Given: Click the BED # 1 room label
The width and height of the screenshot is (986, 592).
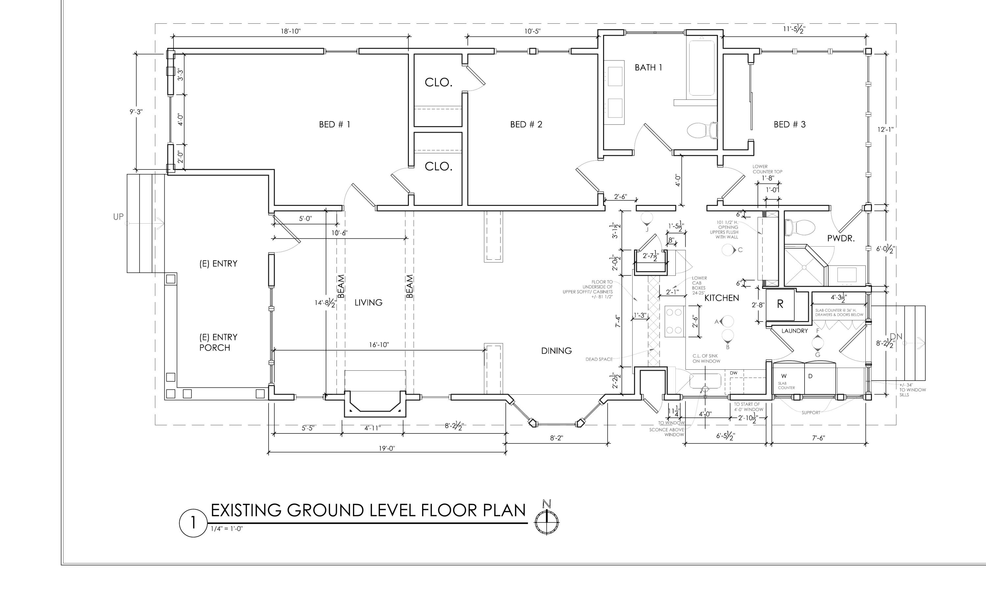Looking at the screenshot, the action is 335,124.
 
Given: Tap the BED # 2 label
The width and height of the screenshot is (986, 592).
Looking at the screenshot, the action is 526,124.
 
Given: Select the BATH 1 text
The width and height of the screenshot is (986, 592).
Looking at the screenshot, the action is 648,67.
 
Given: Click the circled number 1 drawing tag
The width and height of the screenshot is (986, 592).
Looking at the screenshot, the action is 193,523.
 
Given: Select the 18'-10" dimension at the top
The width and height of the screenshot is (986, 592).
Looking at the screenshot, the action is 290,31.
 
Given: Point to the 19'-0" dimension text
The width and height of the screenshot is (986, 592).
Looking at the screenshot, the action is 387,449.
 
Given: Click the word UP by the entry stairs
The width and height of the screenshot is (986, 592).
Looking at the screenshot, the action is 119,217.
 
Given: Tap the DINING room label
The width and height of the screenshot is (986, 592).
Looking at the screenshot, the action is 556,351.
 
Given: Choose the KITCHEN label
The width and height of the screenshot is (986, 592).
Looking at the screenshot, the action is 721,298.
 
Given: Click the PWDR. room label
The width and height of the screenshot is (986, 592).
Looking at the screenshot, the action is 841,239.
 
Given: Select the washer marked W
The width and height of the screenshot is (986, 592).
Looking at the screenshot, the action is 788,379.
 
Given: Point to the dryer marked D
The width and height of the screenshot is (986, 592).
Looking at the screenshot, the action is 820,379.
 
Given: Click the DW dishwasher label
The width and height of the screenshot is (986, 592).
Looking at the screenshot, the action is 734,373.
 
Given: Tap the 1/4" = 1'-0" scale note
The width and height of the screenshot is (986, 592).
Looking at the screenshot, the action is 227,529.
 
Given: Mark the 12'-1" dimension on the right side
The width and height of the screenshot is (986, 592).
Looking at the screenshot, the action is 885,129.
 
